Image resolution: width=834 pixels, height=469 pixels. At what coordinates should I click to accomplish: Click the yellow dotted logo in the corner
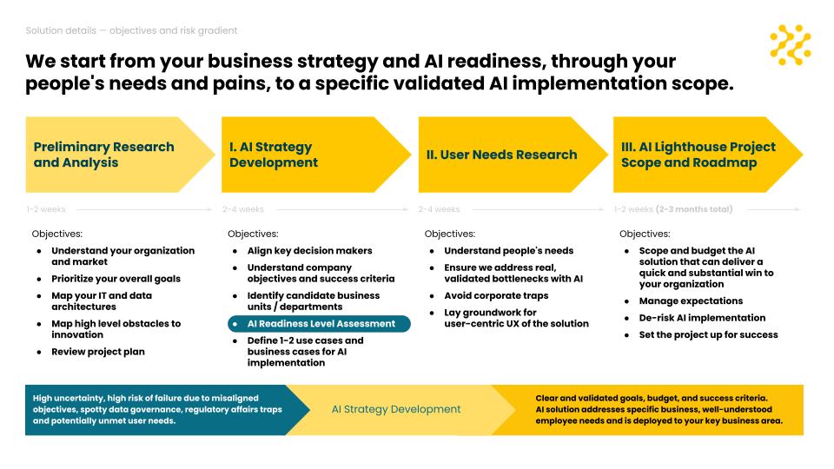791,44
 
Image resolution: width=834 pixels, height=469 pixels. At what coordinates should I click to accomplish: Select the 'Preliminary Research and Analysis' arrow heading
120,155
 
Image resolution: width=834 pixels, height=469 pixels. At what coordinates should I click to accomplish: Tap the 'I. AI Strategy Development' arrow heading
316,155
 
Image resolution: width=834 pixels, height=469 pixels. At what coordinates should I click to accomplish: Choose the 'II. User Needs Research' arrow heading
513,155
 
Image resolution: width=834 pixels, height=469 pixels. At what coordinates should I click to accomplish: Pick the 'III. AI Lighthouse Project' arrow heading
708,155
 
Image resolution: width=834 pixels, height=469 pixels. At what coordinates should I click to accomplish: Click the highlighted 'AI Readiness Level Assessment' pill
319,324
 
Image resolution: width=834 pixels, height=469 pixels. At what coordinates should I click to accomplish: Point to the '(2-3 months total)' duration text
694,209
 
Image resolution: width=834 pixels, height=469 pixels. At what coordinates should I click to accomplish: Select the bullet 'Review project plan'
98,352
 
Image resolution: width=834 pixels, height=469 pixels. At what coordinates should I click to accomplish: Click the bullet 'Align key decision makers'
309,250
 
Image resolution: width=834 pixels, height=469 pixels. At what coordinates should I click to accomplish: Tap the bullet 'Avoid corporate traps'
496,295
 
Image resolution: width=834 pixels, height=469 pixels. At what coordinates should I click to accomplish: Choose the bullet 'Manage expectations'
691,301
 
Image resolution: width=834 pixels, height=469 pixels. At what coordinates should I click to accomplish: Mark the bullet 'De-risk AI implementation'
702,318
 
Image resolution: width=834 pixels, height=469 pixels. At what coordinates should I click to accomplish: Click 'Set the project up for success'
709,335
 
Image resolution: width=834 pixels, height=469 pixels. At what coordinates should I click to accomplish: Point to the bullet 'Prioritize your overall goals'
116,279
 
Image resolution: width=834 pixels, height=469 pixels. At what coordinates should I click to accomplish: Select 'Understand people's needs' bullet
509,250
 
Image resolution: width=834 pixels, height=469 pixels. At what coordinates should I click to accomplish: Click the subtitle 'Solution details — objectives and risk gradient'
131,31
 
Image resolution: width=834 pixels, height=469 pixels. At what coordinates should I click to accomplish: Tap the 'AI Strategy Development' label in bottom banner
396,409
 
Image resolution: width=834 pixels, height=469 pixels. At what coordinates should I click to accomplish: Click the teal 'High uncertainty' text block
157,409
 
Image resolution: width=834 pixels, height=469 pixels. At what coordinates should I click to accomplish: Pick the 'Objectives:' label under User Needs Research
449,234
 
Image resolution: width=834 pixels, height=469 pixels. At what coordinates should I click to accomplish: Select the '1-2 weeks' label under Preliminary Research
46,209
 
